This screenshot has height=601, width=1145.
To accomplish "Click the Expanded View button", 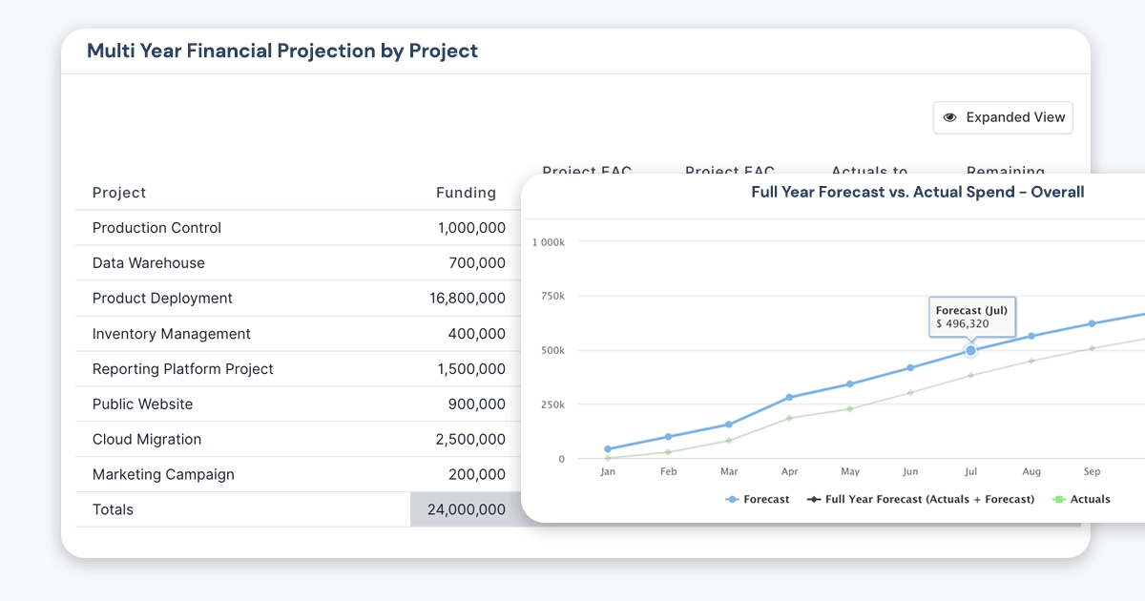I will (1003, 117).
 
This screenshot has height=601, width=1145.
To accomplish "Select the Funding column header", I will (466, 193).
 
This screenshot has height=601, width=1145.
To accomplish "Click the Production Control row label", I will (156, 228).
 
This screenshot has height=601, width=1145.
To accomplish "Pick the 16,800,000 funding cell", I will (468, 299).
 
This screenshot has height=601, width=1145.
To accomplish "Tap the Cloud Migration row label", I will (147, 440).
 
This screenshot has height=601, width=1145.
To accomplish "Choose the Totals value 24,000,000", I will (467, 509).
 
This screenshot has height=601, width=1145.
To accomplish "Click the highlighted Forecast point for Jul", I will (971, 350).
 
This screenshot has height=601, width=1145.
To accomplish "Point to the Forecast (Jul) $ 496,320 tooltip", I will (971, 317).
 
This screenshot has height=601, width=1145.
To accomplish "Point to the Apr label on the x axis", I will (790, 471).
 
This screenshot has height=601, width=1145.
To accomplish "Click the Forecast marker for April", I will (789, 397).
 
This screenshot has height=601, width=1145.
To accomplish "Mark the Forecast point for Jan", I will (608, 448).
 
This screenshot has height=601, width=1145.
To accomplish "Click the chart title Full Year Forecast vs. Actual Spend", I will (917, 192).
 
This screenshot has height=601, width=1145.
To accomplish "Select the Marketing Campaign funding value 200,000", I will (476, 474).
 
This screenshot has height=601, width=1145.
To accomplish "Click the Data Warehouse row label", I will (149, 263).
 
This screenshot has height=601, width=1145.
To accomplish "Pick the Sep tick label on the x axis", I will (1092, 471).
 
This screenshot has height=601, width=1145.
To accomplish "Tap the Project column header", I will (119, 193).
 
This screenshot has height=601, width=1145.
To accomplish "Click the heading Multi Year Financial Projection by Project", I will (282, 51).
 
